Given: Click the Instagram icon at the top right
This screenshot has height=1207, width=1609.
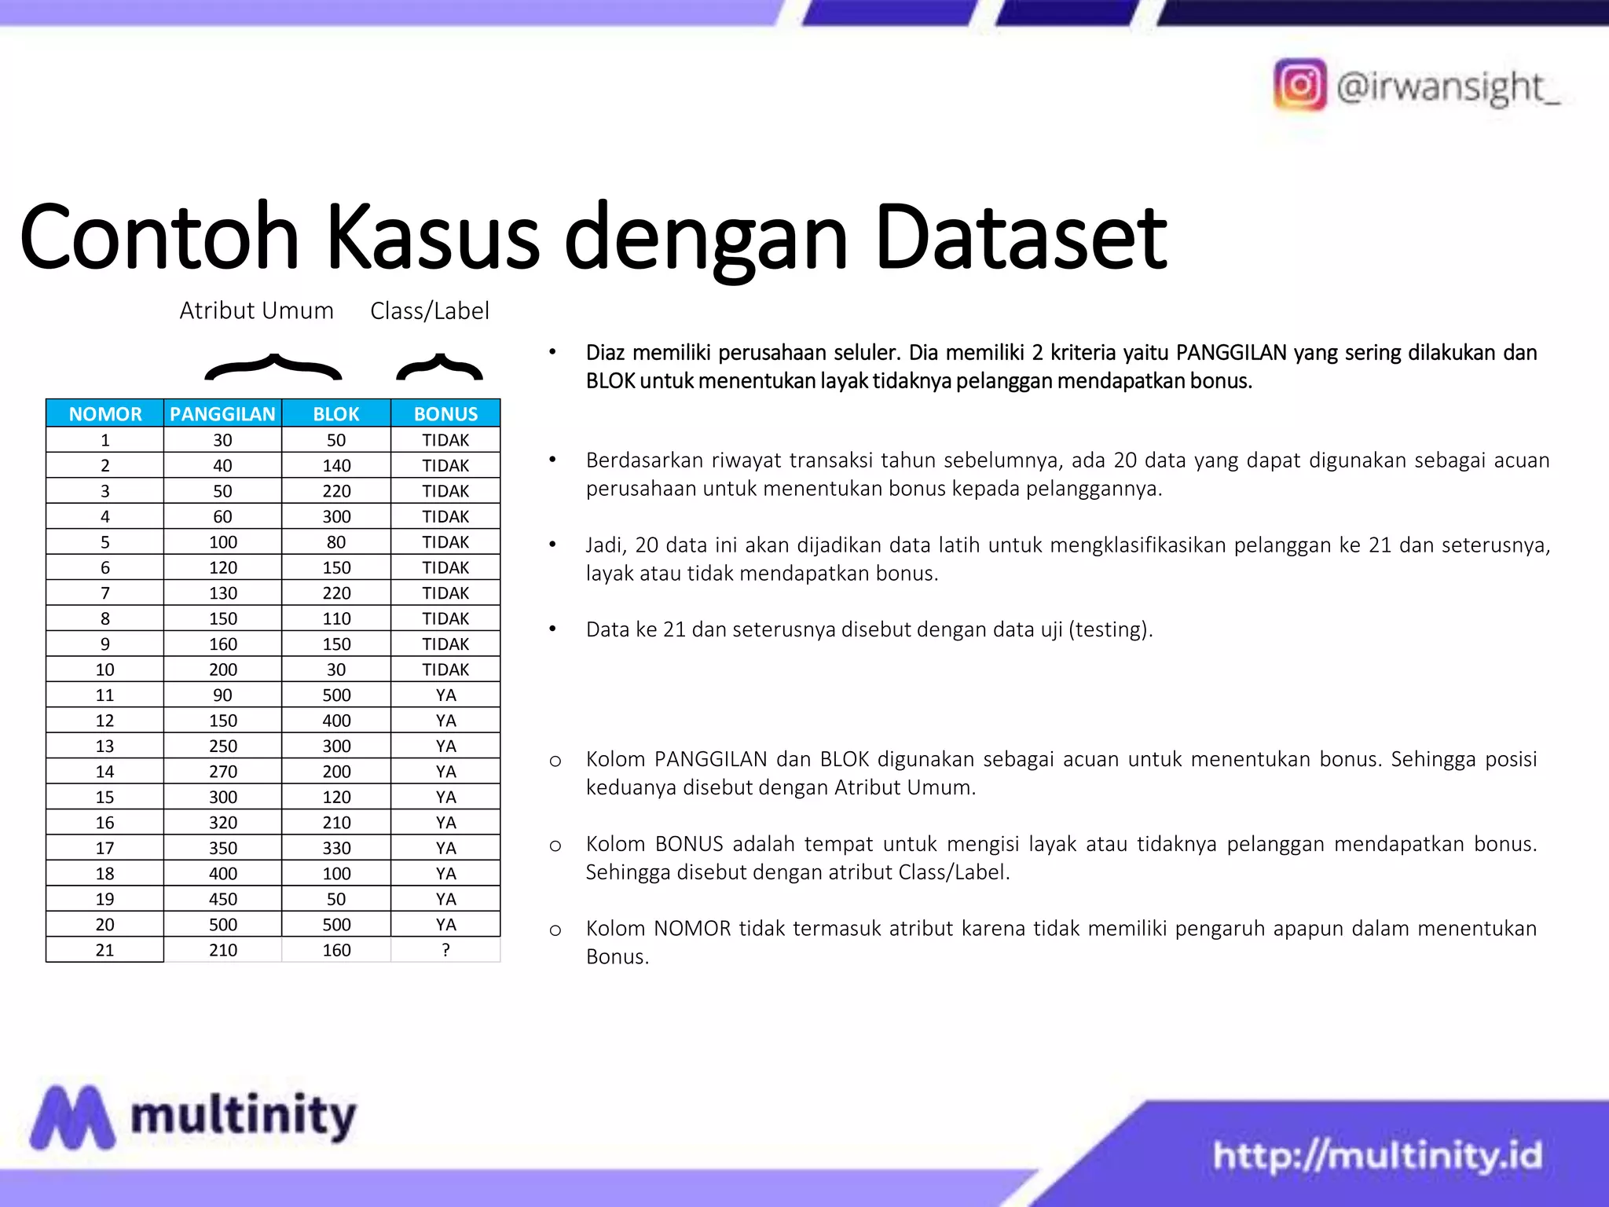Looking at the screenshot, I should (1299, 85).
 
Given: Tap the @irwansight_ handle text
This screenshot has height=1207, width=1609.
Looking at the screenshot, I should (1448, 86).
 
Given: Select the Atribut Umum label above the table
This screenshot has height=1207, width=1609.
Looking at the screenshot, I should (256, 310).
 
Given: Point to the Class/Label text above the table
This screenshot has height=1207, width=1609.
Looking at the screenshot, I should (430, 311).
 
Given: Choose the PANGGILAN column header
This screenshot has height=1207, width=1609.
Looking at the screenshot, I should (222, 413).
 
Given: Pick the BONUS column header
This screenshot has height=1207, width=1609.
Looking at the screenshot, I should (445, 413).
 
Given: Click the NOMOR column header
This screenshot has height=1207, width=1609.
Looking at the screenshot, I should (105, 413).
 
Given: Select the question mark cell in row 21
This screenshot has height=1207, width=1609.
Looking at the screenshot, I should (445, 949).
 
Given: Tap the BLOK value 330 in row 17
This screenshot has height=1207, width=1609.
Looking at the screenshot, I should (336, 848).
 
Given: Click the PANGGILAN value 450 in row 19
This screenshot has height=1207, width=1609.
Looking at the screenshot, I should (223, 899).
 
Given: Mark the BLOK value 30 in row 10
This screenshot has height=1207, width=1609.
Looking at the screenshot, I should (336, 670).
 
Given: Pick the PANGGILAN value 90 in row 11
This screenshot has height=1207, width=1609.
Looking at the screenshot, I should (223, 695).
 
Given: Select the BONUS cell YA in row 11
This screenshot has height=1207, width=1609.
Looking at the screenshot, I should (445, 695).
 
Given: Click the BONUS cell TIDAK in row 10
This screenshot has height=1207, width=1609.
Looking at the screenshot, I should (445, 670).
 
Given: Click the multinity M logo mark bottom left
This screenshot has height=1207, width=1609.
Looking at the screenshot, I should (71, 1117).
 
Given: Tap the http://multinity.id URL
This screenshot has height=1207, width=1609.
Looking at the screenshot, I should (1376, 1156).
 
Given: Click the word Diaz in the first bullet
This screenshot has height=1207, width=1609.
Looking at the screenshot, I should (605, 353).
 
